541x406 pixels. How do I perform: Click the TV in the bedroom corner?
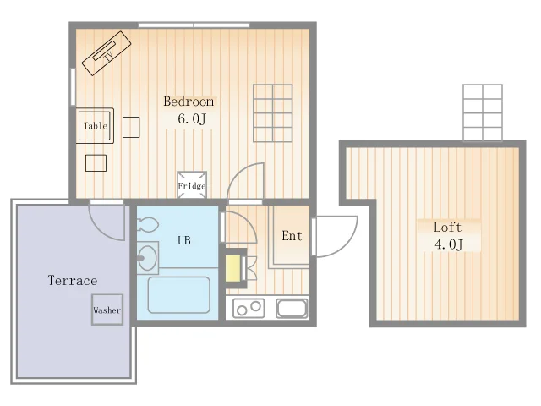point(107,53)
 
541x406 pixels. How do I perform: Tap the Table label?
point(96,126)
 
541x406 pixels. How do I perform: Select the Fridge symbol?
point(192,185)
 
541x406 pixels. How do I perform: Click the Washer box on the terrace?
point(107,310)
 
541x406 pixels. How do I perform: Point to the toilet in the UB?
point(148,225)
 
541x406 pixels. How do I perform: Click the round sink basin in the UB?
point(147,258)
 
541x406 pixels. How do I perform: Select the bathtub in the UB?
point(178,295)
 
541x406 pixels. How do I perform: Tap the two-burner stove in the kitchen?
point(249,308)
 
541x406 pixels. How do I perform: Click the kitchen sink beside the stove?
point(292,308)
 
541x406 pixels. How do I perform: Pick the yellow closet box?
point(233,268)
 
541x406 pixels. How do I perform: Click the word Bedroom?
point(189,101)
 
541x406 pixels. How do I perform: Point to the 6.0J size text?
point(192,118)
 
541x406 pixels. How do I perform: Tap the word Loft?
point(447,228)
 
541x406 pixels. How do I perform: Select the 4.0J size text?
point(449,244)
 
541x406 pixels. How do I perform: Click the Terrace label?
point(73,280)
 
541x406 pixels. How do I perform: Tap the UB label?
point(184,240)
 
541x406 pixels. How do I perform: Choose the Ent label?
point(292,236)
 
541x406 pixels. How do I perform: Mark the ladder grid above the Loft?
point(483,112)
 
